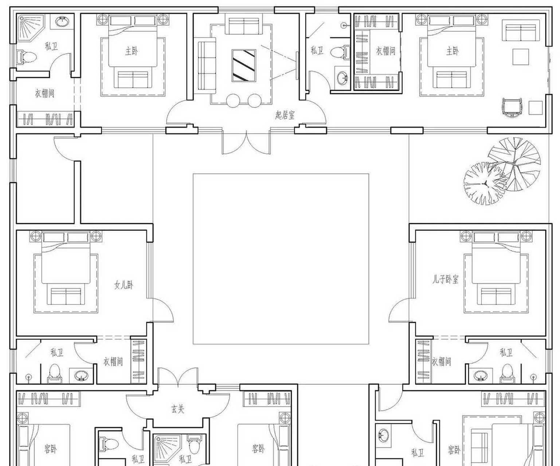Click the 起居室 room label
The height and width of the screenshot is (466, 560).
(285, 115)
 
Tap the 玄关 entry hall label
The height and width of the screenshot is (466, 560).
(177, 409)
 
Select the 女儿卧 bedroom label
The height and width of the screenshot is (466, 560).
(124, 285)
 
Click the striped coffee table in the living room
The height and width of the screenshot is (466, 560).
(243, 65)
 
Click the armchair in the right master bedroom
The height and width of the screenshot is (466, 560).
(512, 108)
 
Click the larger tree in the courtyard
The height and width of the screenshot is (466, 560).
(514, 164)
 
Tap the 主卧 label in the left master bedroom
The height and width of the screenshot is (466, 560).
(132, 51)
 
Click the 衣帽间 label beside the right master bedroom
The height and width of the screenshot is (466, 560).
(386, 51)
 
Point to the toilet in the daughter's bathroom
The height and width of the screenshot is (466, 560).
(54, 373)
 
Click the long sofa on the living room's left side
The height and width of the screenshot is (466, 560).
(207, 66)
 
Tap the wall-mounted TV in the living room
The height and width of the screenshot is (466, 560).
(297, 66)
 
